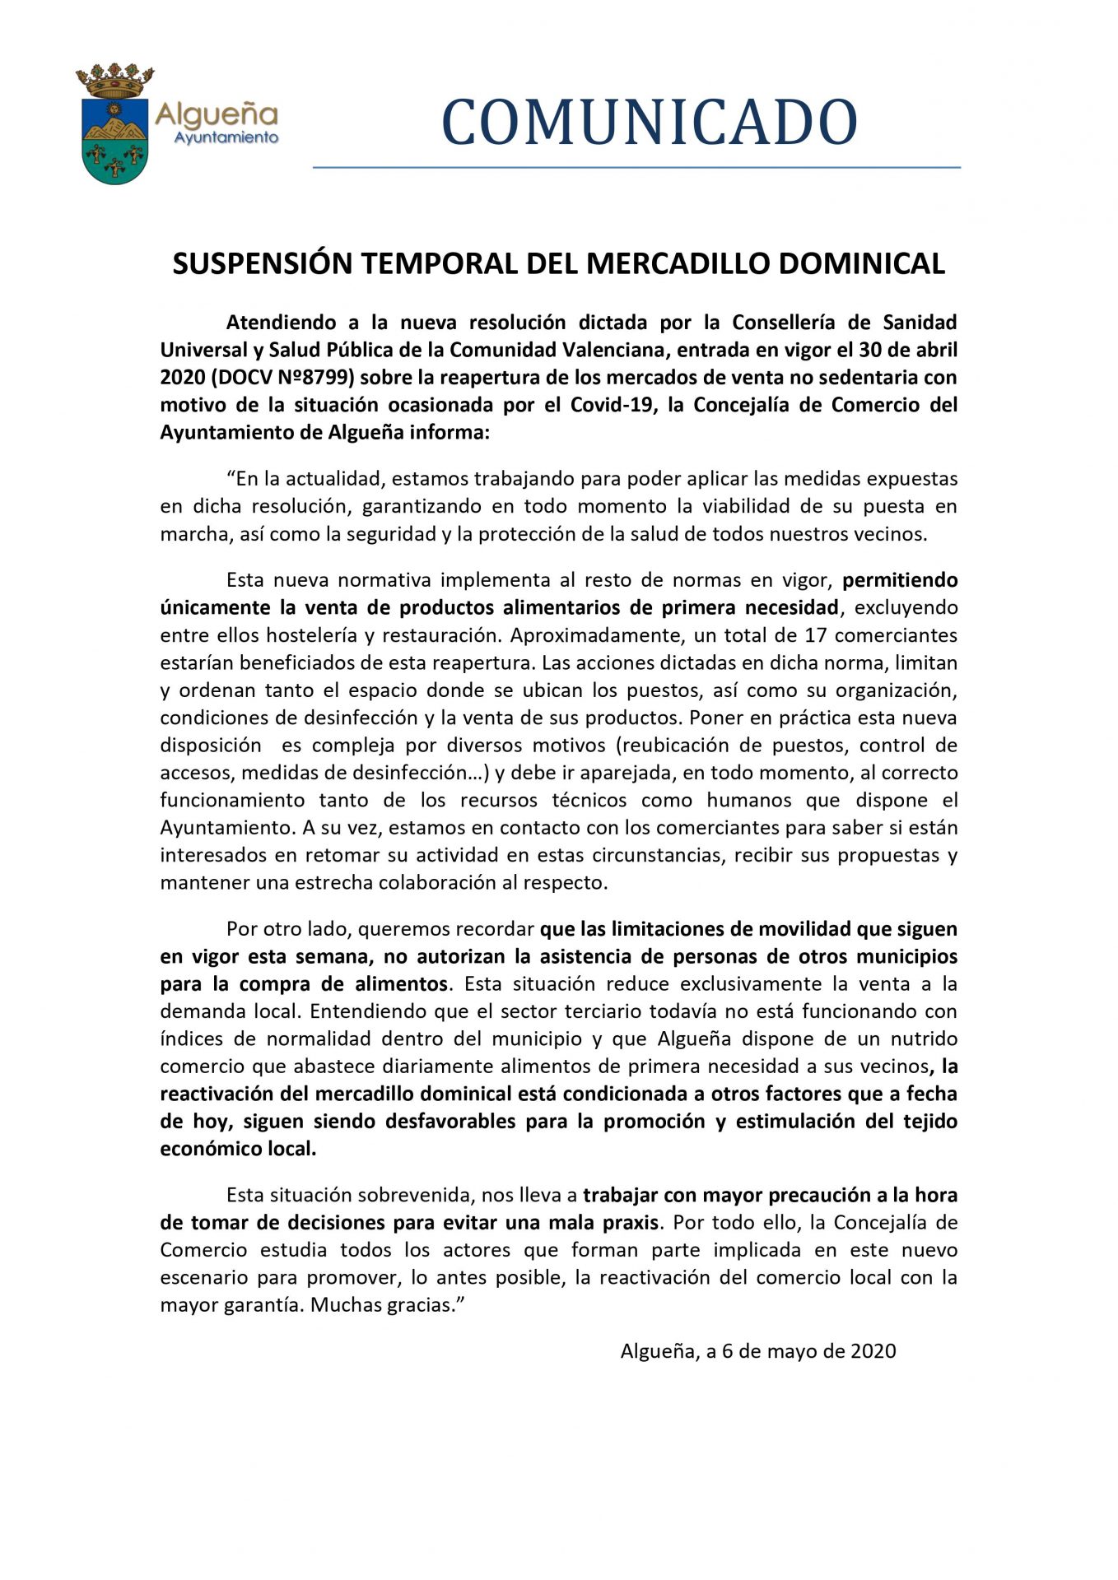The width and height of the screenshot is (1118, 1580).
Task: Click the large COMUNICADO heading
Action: click(650, 123)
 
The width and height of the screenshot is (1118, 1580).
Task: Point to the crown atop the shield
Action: click(115, 81)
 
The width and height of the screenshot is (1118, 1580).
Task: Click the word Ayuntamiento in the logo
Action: click(226, 137)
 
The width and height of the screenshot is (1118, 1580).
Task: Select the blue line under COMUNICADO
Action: click(636, 167)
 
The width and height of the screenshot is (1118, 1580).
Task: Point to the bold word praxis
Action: click(632, 1223)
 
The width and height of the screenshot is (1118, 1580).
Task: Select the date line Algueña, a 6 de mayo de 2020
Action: click(757, 1351)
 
